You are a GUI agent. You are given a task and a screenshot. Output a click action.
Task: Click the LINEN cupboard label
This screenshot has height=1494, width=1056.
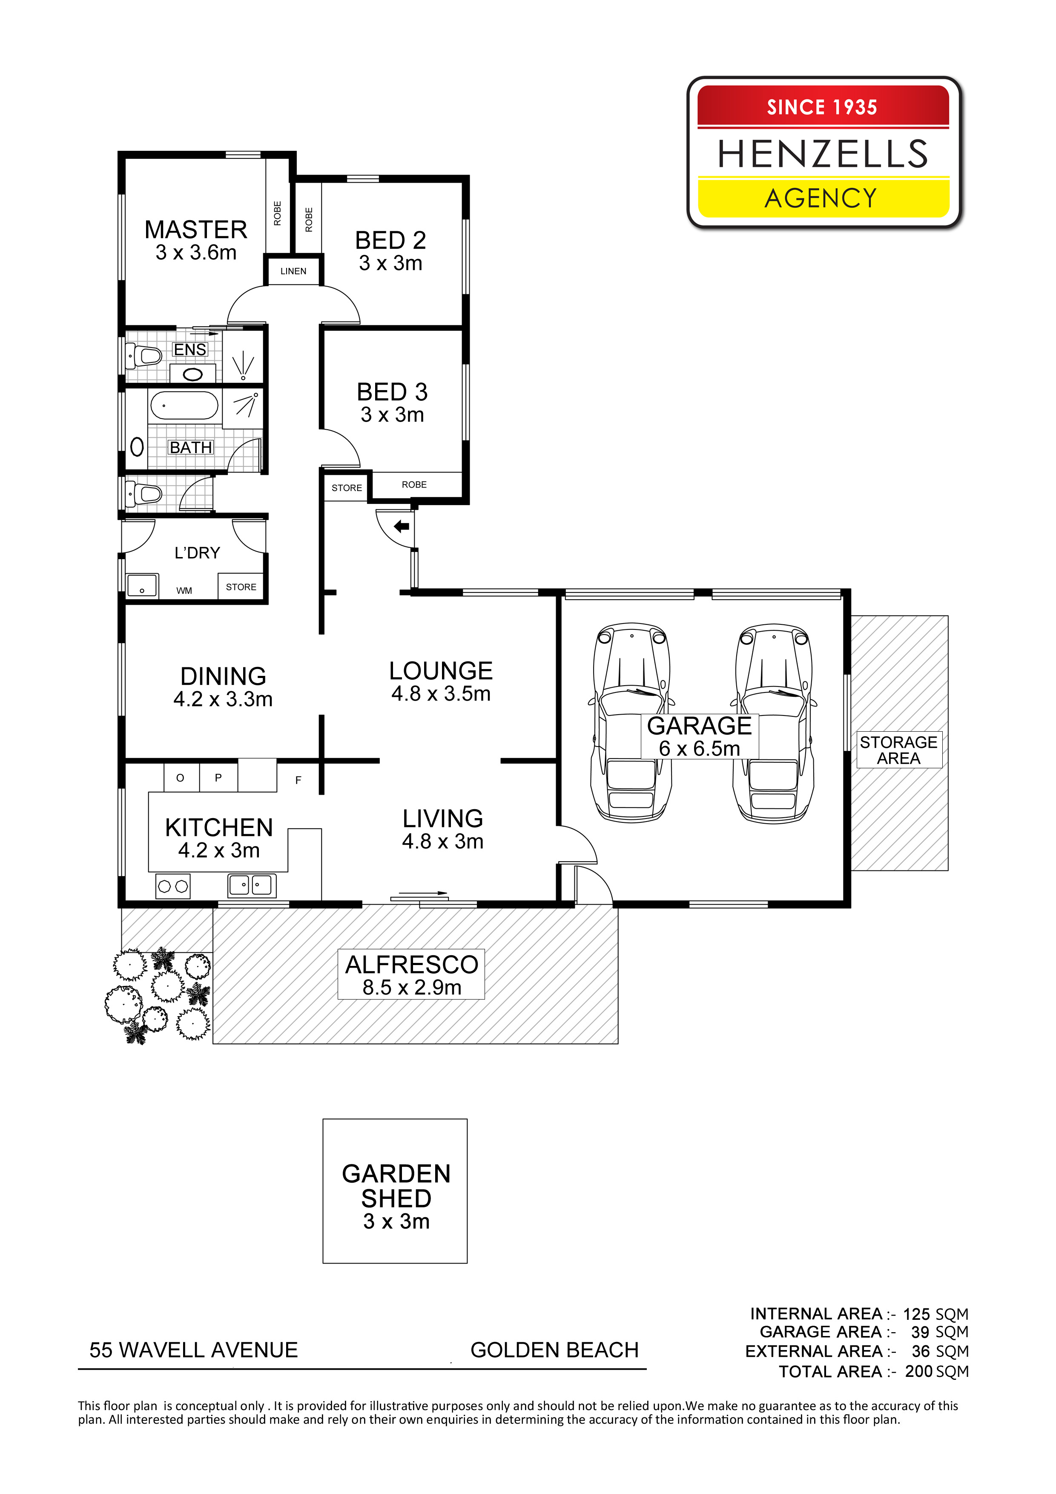pyautogui.click(x=293, y=271)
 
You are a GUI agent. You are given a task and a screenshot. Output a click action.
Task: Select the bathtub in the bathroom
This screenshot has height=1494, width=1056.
pyautogui.click(x=184, y=405)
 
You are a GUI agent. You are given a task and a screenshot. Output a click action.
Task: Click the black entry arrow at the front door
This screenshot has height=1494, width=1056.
pyautogui.click(x=402, y=526)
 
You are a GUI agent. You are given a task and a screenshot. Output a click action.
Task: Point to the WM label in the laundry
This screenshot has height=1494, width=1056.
pyautogui.click(x=184, y=591)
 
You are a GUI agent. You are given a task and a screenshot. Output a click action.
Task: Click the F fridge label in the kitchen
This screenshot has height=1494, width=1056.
pyautogui.click(x=298, y=780)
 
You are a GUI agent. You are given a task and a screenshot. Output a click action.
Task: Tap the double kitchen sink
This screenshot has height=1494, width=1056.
pyautogui.click(x=252, y=885)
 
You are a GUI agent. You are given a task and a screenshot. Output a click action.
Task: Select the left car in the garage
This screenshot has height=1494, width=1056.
pyautogui.click(x=631, y=722)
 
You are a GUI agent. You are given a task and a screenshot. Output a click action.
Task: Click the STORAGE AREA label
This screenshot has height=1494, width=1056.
pyautogui.click(x=898, y=750)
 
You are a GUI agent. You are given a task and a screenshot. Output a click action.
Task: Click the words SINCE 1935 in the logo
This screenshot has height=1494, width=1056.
pyautogui.click(x=822, y=107)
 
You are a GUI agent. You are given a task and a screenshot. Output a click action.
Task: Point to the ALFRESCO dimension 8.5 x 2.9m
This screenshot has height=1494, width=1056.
pyautogui.click(x=412, y=987)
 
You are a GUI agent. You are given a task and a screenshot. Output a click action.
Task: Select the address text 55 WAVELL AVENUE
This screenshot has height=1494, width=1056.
pyautogui.click(x=193, y=1350)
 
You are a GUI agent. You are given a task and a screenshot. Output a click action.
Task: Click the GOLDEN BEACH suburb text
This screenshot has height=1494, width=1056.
pyautogui.click(x=554, y=1350)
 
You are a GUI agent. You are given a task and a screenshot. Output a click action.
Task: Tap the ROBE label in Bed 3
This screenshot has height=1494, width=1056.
pyautogui.click(x=414, y=485)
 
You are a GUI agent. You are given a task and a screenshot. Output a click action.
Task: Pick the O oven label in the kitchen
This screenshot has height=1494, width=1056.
pyautogui.click(x=180, y=778)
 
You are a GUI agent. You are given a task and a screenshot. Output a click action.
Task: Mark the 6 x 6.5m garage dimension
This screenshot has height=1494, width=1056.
pyautogui.click(x=700, y=748)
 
